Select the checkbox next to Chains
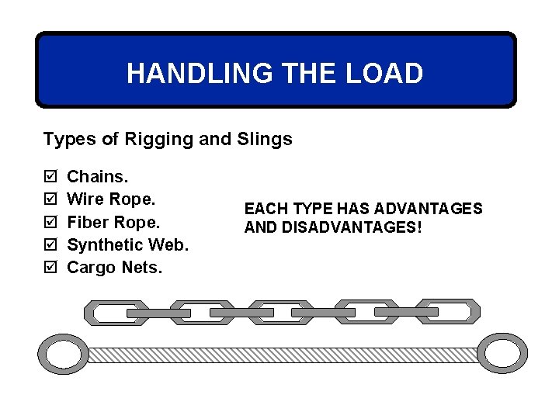[51, 177]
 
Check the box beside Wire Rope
[51, 199]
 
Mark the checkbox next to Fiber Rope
[51, 222]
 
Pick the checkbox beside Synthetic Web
[51, 244]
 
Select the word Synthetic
[104, 244]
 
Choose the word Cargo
[92, 268]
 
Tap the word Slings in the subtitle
[266, 139]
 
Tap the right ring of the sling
[501, 354]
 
